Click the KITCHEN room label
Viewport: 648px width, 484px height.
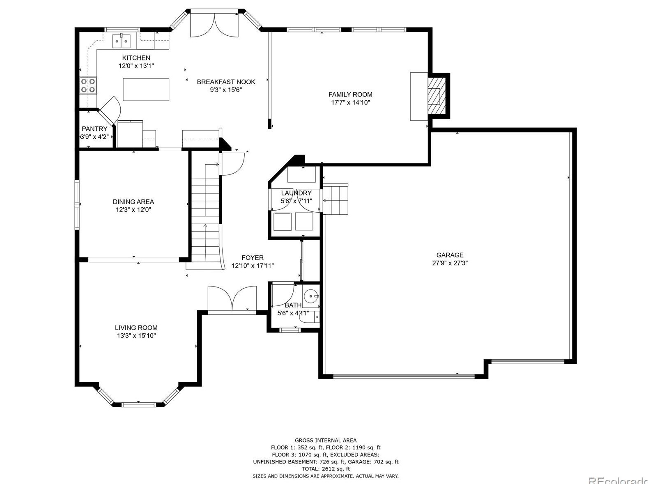click(x=136, y=58)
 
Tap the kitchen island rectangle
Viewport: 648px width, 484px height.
click(x=146, y=89)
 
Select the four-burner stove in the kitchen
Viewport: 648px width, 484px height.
click(x=88, y=85)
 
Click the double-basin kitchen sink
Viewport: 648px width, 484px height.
click(x=121, y=41)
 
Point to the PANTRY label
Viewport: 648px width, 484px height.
click(x=94, y=129)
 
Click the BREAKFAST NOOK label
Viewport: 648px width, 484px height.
click(x=226, y=82)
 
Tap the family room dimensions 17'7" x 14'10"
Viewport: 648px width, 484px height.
click(x=350, y=102)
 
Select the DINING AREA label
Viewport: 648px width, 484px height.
click(x=133, y=202)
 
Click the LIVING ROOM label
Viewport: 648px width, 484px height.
click(x=136, y=328)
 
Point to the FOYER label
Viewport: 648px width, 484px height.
click(x=253, y=258)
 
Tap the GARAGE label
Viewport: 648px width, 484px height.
click(x=450, y=255)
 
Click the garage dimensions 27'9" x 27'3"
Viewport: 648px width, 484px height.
click(x=450, y=263)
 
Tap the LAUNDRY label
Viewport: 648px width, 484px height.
click(x=296, y=193)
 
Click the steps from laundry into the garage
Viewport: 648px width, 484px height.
click(x=335, y=199)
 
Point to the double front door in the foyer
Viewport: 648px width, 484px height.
click(x=232, y=298)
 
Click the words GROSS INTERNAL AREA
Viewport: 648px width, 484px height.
click(x=326, y=440)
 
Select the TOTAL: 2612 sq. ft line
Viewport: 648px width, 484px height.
click(x=326, y=469)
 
